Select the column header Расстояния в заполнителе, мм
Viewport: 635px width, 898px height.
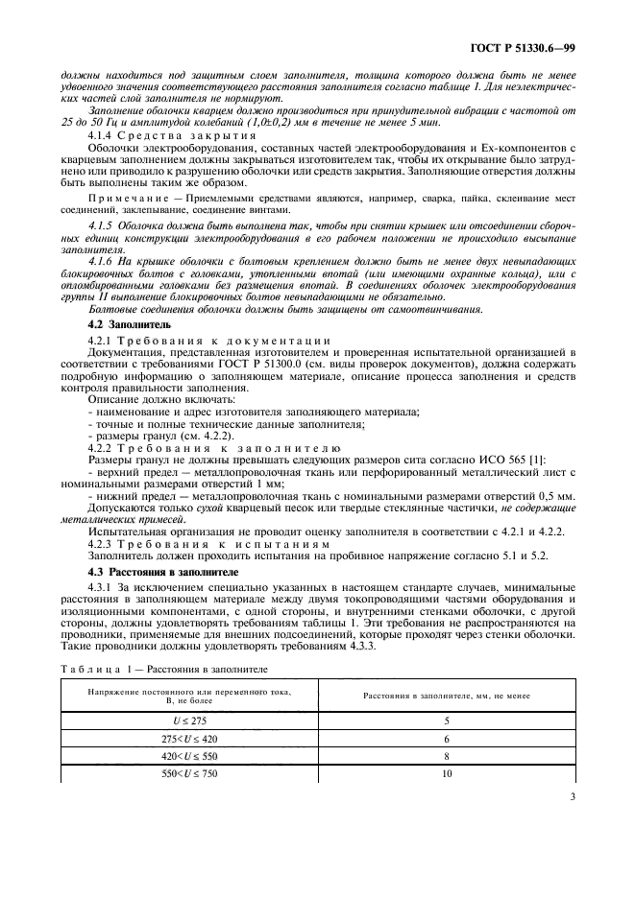tap(447, 695)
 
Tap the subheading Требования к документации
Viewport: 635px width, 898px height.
tap(224, 341)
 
